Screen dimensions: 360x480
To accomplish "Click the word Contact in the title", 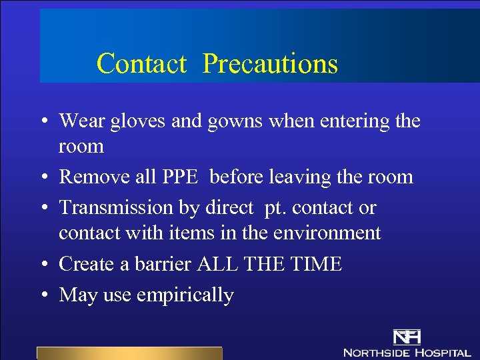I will [x=141, y=64].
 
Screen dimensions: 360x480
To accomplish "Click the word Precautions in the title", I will [x=270, y=64].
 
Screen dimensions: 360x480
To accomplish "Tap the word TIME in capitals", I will [x=315, y=264].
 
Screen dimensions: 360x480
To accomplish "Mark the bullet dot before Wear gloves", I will [x=42, y=121].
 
